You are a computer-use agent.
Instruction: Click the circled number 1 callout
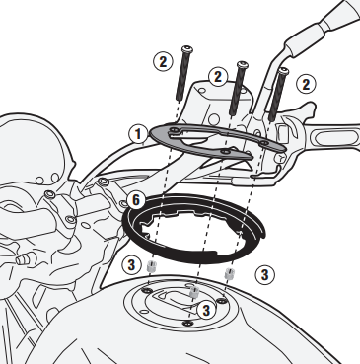click(138, 134)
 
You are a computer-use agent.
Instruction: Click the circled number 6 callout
click(136, 200)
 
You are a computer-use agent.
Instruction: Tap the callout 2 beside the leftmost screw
click(163, 61)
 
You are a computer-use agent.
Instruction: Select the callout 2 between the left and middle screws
click(218, 78)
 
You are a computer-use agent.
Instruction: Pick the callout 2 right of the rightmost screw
click(306, 85)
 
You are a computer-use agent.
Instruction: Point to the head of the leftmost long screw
click(186, 49)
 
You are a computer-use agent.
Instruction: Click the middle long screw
click(238, 88)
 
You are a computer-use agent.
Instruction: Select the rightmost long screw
click(278, 95)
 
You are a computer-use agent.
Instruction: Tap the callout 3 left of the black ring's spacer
click(131, 265)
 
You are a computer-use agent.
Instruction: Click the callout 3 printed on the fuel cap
click(206, 310)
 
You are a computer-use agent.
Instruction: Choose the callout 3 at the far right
click(264, 274)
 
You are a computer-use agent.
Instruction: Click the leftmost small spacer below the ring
click(151, 265)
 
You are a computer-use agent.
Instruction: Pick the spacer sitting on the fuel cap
click(194, 291)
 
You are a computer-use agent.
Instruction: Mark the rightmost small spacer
click(229, 274)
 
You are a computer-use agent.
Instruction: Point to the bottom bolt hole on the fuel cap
click(187, 324)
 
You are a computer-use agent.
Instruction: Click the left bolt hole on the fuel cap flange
click(146, 290)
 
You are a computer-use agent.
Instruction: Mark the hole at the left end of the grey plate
click(175, 131)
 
